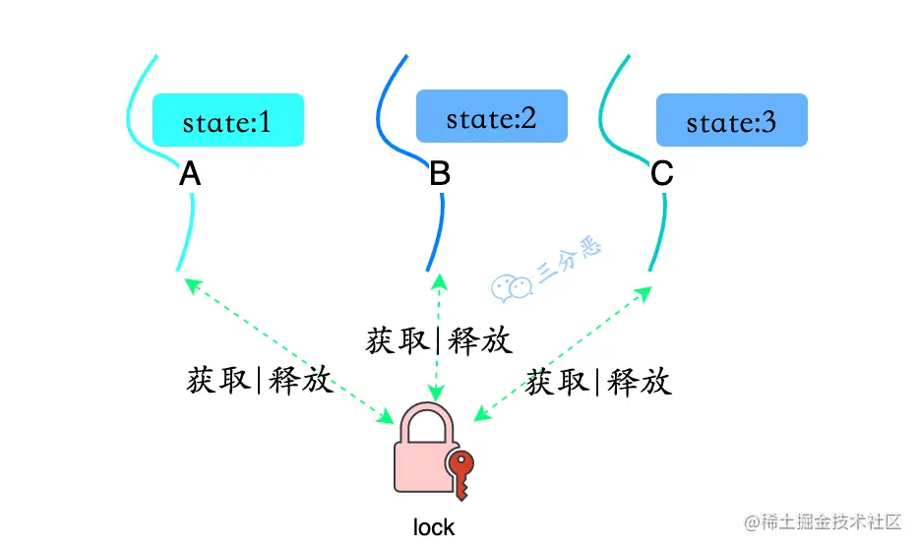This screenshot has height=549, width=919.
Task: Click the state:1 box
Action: pos(227,121)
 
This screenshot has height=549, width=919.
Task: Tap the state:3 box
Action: pos(731,121)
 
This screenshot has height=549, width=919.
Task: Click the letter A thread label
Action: pos(190,175)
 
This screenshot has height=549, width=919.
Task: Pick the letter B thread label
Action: pos(440,175)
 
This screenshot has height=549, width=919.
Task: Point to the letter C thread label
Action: pos(662,175)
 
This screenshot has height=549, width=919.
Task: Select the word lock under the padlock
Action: pos(434,527)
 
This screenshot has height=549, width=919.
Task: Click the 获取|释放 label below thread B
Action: pos(439,340)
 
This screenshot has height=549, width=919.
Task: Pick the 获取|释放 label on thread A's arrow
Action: pos(260,380)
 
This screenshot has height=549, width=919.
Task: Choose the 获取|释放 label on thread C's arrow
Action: pos(598,382)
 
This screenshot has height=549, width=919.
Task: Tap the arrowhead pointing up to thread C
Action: pos(644,292)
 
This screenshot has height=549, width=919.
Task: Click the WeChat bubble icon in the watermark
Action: pos(511,284)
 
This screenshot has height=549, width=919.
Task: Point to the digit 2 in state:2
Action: pos(528,118)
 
